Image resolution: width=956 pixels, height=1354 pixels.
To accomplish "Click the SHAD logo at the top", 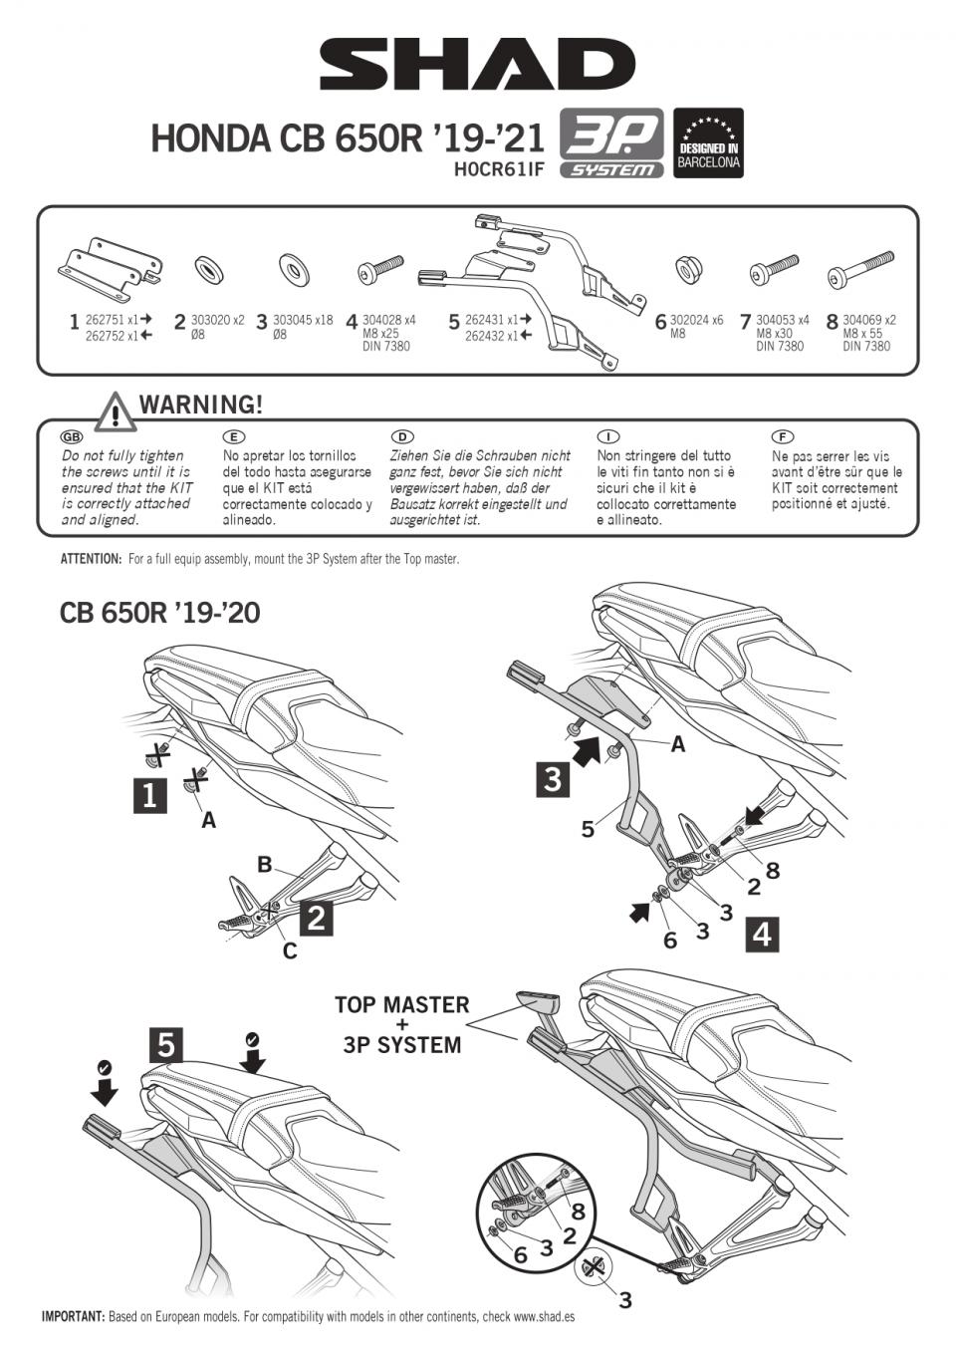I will coord(477,65).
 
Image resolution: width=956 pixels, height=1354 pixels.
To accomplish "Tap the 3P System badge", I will coord(610,142).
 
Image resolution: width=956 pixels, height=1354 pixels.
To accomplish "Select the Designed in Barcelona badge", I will coord(708,142).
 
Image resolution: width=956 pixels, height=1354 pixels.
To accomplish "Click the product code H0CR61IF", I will coord(499,169).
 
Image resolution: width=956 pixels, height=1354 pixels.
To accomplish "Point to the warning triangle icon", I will coord(117,410).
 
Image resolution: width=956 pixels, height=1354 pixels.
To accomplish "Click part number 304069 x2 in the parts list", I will coord(868,320).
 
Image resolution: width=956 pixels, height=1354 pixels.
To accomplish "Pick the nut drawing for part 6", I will coord(686,269).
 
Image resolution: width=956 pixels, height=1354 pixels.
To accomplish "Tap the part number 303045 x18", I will coord(303,320).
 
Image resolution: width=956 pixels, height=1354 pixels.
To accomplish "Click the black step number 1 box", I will coord(149,795).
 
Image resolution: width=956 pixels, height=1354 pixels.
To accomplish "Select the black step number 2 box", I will coord(316,918).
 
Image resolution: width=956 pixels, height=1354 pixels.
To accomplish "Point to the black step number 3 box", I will coord(553,778).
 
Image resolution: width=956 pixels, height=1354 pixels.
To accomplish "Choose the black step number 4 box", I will coord(762,934).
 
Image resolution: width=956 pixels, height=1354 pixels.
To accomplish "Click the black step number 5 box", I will coord(166,1044).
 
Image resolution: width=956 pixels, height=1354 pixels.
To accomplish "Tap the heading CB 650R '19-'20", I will coord(159,612).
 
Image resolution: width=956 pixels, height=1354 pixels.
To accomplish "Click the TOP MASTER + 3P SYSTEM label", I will coord(401,1024).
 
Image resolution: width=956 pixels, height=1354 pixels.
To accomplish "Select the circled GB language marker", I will coord(72,436).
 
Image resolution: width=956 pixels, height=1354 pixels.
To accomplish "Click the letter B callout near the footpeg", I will coord(265,864).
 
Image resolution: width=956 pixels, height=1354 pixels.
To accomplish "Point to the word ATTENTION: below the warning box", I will coord(91,559).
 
